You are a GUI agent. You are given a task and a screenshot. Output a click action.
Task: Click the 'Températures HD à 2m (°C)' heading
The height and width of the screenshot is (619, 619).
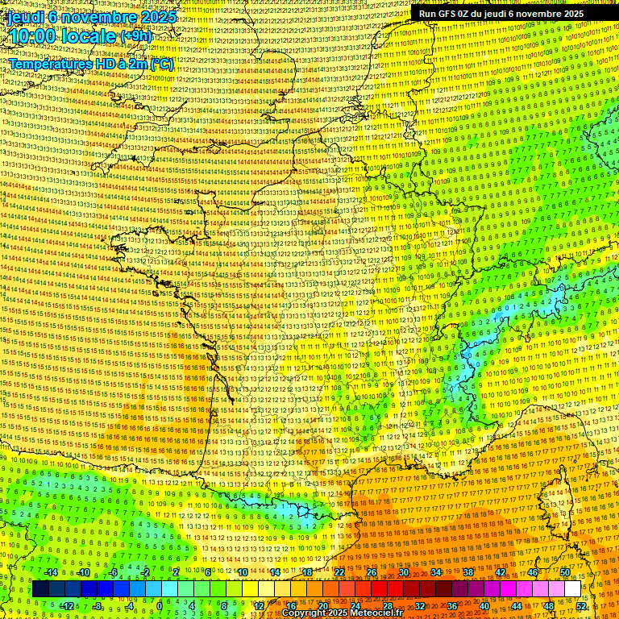pos(90,64)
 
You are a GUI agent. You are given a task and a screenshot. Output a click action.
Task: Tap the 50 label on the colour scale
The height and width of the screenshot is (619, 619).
pos(564,572)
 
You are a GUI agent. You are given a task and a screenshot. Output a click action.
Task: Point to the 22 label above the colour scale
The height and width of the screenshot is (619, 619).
pos(339,572)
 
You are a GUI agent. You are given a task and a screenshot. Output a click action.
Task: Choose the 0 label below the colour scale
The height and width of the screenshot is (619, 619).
pos(160,606)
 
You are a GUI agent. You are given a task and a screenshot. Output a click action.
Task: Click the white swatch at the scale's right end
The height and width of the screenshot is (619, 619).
pos(572,589)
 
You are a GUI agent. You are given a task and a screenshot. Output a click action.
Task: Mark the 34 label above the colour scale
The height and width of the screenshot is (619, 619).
pos(436,572)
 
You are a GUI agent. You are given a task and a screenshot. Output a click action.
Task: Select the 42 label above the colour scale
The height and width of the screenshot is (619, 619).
pos(501,572)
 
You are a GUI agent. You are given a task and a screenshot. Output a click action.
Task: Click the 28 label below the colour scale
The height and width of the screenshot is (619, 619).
pos(387,606)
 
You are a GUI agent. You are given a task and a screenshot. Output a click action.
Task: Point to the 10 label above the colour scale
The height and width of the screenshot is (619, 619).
pos(243,572)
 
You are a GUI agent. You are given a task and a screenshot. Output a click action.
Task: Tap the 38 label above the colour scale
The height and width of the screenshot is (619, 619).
pos(468,572)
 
